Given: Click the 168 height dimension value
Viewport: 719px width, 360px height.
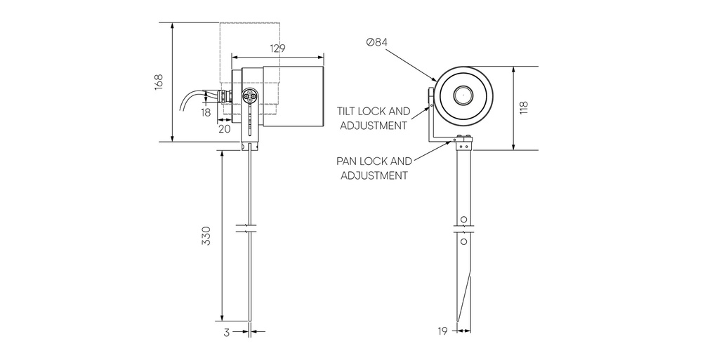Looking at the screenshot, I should [x=159, y=81].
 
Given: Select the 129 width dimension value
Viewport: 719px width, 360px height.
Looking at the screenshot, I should [x=278, y=48].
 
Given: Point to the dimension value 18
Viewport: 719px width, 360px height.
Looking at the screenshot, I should [x=206, y=112].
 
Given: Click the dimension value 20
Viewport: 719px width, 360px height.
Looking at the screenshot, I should [x=225, y=128].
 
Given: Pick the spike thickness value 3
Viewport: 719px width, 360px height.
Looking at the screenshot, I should [x=227, y=333].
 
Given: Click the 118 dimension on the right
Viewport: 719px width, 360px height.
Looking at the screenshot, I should [x=523, y=108].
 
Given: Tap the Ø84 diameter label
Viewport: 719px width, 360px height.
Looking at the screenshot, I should [x=377, y=43].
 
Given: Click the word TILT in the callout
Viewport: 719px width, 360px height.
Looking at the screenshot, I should [x=351, y=112].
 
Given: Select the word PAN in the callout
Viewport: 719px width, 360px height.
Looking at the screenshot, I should [x=350, y=161].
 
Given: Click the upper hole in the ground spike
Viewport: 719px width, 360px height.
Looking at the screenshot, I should [x=463, y=219].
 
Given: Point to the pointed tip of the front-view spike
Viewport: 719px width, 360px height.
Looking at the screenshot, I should [x=457, y=324].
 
